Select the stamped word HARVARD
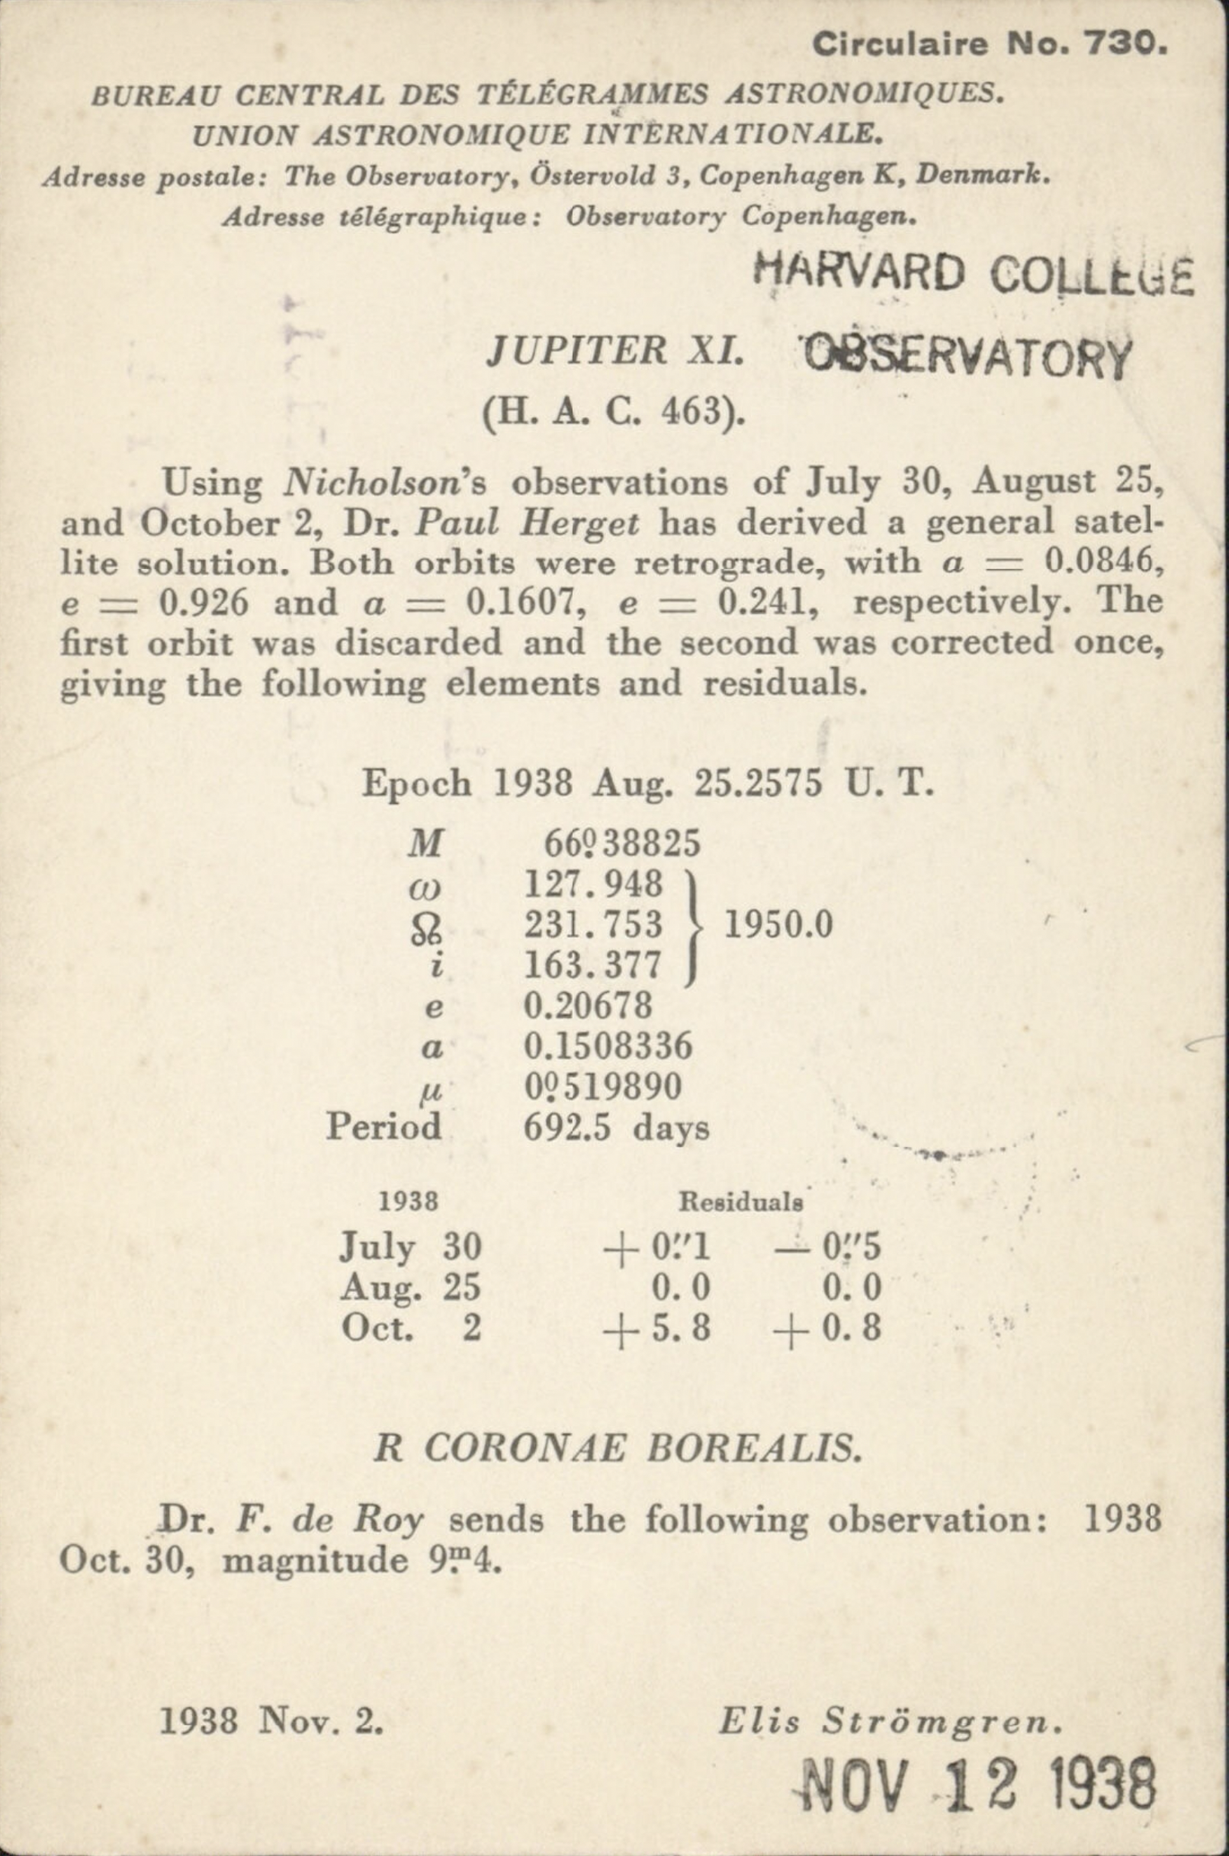[x=860, y=273]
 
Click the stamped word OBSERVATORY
[x=967, y=359]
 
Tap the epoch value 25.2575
[x=758, y=783]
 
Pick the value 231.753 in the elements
[x=593, y=925]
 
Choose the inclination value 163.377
[x=593, y=965]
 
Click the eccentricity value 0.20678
[x=588, y=1006]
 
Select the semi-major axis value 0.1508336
[x=608, y=1046]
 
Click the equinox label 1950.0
[x=778, y=926]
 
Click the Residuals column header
[x=741, y=1203]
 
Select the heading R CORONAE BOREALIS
[x=617, y=1450]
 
